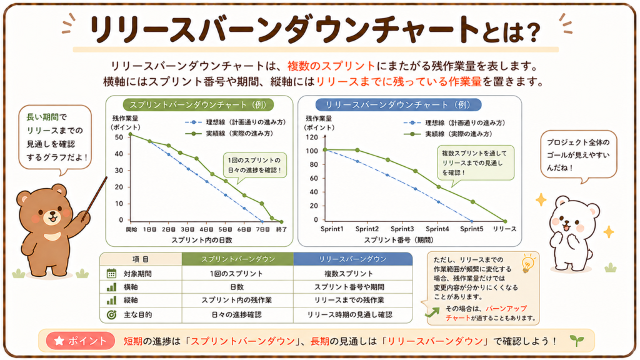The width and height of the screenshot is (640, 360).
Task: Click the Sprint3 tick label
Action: pyautogui.click(x=402, y=229)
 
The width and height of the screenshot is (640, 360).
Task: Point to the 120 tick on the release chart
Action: pyautogui.click(x=311, y=137)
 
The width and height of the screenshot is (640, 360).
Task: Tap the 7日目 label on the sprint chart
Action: pyautogui.click(x=263, y=229)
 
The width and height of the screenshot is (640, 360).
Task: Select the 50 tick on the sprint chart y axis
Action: pyautogui.click(x=119, y=137)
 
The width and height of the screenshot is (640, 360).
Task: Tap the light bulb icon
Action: pyautogui.click(x=527, y=264)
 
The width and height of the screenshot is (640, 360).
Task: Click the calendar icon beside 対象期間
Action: pyautogui.click(x=111, y=274)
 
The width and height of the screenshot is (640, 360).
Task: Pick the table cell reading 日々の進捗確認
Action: pyautogui.click(x=237, y=315)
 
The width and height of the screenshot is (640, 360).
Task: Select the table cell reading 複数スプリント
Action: pyautogui.click(x=349, y=274)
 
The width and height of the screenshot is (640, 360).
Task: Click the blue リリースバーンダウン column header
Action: pyautogui.click(x=352, y=259)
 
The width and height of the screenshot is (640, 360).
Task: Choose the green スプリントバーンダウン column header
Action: pyautogui.click(x=238, y=259)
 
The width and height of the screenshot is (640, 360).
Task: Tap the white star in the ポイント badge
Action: pyautogui.click(x=59, y=341)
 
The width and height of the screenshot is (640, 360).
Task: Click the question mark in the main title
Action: pyautogui.click(x=532, y=32)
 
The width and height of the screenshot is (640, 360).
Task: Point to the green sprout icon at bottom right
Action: pyautogui.click(x=577, y=340)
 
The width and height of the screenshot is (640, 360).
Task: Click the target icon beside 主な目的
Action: pyautogui.click(x=111, y=315)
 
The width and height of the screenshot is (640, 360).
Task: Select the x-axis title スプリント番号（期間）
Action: pyautogui.click(x=399, y=240)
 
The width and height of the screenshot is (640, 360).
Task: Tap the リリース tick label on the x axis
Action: pyautogui.click(x=504, y=229)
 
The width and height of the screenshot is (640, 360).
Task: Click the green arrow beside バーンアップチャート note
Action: pyautogui.click(x=432, y=312)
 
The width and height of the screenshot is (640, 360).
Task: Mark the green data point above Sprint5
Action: pyautogui.click(x=472, y=202)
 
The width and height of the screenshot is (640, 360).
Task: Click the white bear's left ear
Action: pyautogui.click(x=561, y=201)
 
